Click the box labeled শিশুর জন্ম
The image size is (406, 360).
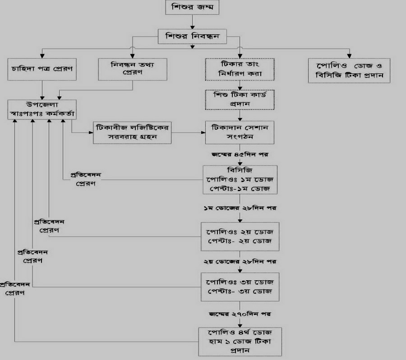(x=192, y=8)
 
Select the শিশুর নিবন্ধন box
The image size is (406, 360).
(x=192, y=36)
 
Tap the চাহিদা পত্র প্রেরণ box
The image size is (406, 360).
(x=42, y=70)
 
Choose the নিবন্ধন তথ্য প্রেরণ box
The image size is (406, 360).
(x=126, y=68)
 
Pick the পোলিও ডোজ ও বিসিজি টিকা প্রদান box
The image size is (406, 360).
(x=349, y=70)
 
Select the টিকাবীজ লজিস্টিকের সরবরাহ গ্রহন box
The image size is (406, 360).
(x=134, y=132)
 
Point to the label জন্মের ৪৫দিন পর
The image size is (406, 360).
(x=240, y=154)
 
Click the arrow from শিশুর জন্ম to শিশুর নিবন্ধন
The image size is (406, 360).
(x=192, y=22)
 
